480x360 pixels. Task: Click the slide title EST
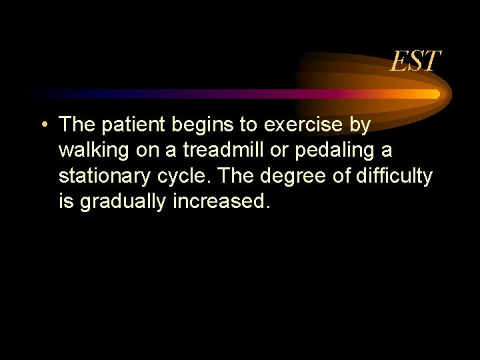pyautogui.click(x=415, y=62)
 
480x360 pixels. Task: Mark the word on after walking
pyautogui.click(x=147, y=151)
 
